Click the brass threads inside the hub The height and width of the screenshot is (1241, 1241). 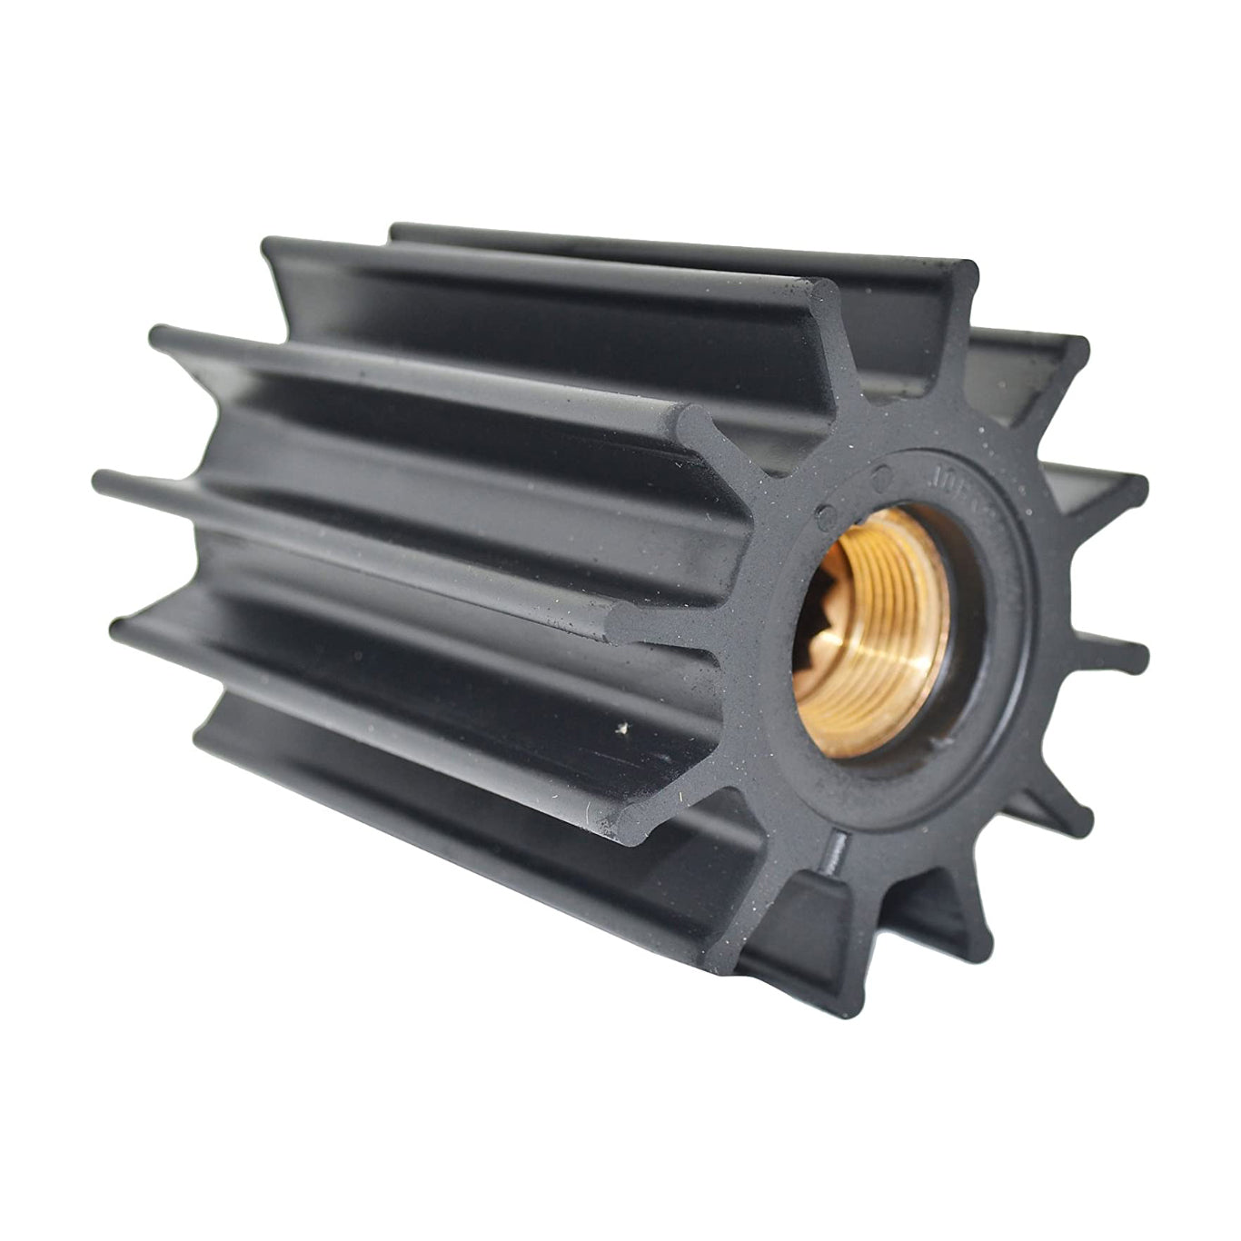coord(895,627)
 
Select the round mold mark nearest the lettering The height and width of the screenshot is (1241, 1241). coord(879,474)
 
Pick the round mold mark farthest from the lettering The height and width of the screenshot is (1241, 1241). coord(824,514)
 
